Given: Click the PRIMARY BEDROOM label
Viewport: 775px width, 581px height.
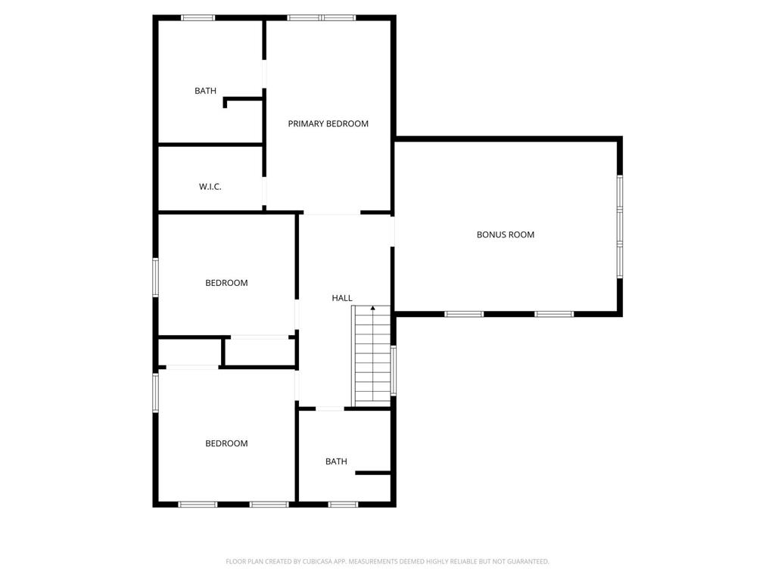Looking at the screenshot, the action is pos(328,123).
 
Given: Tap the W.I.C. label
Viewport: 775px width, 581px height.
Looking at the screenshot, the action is pos(210,187).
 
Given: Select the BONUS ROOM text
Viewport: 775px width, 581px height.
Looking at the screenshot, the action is pos(505,235).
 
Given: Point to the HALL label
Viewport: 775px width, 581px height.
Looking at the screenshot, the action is pos(342,298).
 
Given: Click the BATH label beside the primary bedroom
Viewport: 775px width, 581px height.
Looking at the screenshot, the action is pos(205,91).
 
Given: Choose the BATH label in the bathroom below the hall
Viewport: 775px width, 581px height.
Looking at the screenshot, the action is pos(336,461).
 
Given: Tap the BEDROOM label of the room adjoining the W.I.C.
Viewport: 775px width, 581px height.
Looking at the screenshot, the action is pos(226,283).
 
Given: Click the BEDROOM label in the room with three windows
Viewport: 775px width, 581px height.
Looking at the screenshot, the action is pos(226,443).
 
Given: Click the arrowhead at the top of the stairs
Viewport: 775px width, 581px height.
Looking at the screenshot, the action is pos(373,309).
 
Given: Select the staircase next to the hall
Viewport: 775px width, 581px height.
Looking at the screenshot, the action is pos(372,356).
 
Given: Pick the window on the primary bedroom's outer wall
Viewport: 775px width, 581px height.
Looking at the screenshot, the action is pos(321,18).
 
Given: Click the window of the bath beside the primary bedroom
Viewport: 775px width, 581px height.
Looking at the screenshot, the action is pos(198,18).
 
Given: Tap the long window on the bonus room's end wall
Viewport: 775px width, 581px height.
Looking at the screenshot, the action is pos(619,226).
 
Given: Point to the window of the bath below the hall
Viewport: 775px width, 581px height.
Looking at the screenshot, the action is pos(343,505).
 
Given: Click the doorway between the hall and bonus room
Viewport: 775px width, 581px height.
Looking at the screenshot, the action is pos(393,231).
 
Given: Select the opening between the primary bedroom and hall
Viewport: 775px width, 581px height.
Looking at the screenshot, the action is pos(331,213).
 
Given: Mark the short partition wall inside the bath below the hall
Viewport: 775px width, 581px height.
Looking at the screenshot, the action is pos(373,474).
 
